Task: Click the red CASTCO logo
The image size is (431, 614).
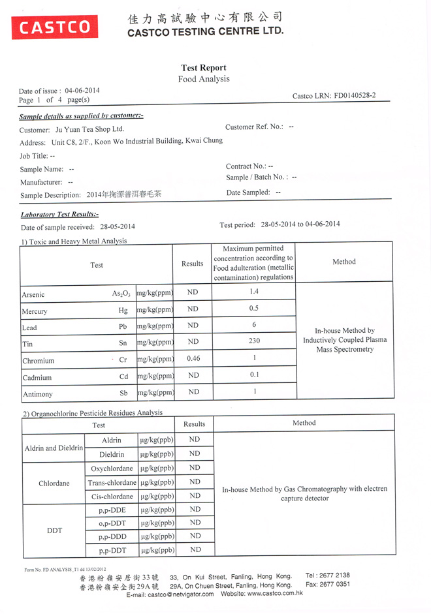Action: coord(54,27)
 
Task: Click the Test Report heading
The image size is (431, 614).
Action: coord(204,68)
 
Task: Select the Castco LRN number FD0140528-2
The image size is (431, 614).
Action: coord(355,96)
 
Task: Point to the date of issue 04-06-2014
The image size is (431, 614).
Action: coord(82,91)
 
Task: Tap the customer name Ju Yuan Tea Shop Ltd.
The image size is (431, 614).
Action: coord(89,129)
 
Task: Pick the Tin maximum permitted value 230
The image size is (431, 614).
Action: coord(254,341)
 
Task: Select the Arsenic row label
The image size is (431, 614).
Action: coord(33,295)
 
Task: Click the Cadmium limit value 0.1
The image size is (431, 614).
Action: coord(254,375)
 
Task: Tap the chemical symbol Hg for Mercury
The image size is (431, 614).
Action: coord(123,311)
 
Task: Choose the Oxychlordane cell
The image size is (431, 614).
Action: coord(112,468)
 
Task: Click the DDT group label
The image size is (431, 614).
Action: coord(54,530)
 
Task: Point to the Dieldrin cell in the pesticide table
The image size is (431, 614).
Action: coord(111,454)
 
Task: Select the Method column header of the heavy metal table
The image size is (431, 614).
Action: coord(344,262)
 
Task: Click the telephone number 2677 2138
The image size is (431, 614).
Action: coord(336,576)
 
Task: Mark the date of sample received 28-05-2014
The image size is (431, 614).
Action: coord(118,227)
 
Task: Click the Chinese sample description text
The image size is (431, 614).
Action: coord(123,194)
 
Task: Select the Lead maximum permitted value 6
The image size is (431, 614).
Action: coord(254,324)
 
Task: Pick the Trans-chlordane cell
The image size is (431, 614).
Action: coord(112,483)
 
